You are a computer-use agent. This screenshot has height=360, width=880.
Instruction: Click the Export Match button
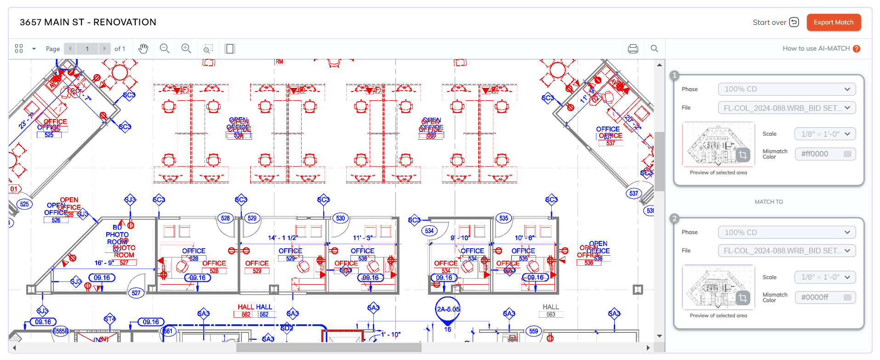[x=833, y=22]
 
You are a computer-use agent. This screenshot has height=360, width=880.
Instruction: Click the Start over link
[x=775, y=22]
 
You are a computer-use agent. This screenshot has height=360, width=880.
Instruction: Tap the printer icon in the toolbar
[x=633, y=49]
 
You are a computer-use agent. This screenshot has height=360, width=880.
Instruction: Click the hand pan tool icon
[x=143, y=49]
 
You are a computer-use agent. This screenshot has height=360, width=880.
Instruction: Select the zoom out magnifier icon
[x=165, y=49]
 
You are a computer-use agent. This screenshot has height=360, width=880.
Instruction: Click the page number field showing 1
[x=87, y=49]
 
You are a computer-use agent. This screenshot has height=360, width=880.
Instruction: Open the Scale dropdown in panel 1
[x=825, y=134]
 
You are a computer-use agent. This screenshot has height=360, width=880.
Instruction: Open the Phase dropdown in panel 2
[x=787, y=232]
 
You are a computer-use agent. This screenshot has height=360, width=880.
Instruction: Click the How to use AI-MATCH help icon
[x=856, y=49]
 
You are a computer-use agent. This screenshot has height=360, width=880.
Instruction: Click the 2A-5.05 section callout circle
[x=448, y=309]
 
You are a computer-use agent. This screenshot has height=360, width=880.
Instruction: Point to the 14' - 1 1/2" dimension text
[x=283, y=238]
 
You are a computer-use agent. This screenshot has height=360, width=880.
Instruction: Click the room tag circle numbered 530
[x=340, y=218]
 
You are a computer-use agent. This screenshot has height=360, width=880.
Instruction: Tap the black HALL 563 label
[x=550, y=310]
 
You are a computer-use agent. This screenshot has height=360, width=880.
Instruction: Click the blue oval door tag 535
[x=504, y=218]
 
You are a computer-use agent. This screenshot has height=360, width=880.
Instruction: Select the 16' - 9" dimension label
[x=104, y=263]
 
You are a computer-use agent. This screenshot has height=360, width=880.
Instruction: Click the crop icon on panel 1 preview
[x=743, y=155]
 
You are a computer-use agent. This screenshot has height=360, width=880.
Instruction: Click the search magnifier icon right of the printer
[x=654, y=49]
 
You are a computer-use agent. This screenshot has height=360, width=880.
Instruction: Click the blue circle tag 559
[x=533, y=331]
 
